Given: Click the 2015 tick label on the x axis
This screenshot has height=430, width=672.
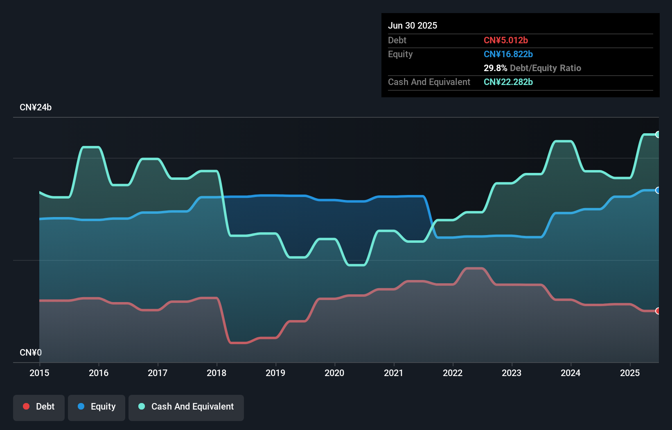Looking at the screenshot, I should (39, 373).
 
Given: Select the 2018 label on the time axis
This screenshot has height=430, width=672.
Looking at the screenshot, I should (216, 373).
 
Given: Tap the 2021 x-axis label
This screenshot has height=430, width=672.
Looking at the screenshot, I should (393, 373).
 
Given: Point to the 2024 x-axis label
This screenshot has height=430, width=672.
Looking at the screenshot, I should (571, 373).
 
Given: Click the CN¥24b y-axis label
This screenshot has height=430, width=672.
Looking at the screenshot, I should (36, 107).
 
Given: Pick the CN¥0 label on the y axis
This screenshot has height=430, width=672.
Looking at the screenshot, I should (31, 352).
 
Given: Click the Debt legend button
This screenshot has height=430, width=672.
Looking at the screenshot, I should (39, 407).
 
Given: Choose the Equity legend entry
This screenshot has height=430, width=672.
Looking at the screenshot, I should (97, 407).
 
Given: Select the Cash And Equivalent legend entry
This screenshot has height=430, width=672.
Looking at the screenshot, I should (186, 407).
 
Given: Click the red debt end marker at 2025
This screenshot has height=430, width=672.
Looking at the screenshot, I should (658, 311).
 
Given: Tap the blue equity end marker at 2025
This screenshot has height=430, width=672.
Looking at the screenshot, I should (658, 190).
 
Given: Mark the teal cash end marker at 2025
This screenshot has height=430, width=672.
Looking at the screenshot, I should (658, 134).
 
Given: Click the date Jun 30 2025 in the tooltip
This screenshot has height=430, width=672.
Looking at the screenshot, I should (413, 25).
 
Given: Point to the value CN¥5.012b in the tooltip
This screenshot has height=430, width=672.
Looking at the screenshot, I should (506, 40).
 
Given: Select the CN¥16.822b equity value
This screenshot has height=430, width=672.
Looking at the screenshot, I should (508, 54).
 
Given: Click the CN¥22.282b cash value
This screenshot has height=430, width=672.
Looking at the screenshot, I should (508, 82).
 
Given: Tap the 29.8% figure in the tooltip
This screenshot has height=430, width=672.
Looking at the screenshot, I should (495, 68).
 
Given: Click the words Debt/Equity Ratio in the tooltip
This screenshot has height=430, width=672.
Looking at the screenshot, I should (546, 68).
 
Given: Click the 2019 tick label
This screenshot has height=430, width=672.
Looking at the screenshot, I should (275, 373).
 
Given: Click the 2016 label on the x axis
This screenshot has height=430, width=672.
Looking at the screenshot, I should (99, 373).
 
